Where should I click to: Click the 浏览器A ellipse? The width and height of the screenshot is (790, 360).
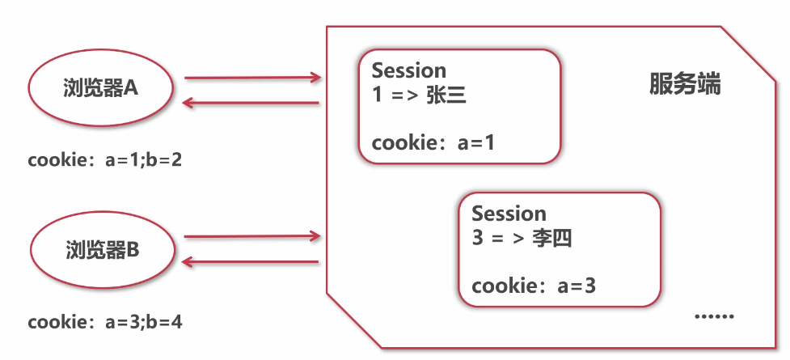101,89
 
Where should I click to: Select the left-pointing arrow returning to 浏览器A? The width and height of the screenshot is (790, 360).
251,103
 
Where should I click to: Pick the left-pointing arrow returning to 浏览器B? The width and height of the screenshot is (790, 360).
251,261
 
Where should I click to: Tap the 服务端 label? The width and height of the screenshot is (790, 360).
684,85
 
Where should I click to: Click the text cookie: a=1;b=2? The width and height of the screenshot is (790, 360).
105,160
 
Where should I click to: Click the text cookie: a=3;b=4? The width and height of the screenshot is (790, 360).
105,322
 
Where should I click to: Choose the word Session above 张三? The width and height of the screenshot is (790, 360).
408,70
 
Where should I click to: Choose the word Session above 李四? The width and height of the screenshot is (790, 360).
509,214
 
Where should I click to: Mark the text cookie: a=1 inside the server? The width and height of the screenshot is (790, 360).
433,143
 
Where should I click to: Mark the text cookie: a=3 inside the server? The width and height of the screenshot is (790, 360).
534,286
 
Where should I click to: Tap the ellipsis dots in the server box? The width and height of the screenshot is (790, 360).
715,316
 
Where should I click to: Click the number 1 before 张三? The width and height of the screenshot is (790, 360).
377,96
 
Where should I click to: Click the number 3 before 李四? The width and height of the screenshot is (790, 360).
477,239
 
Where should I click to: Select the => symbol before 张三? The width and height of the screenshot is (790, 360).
403,97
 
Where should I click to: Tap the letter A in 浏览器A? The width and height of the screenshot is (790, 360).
132,88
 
